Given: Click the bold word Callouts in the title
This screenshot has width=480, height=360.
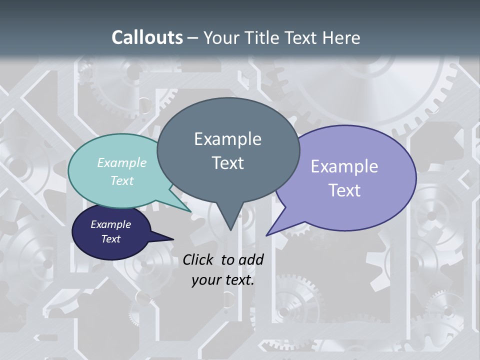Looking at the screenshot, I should tap(147, 37).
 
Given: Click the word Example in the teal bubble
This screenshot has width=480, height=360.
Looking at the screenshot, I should tap(122, 162).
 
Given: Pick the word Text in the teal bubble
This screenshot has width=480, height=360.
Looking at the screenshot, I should tap(122, 180).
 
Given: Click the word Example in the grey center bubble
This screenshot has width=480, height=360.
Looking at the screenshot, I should tap(227, 139).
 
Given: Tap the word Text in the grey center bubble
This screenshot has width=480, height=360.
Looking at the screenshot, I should tap(227, 163).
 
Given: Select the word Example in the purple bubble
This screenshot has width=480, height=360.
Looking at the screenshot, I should tap(344, 166).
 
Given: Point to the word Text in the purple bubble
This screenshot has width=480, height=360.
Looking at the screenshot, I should tap(344, 190).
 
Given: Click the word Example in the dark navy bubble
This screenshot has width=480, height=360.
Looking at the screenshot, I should tap(111, 224).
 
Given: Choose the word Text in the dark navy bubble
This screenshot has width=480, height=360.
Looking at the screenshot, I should tap(111, 239).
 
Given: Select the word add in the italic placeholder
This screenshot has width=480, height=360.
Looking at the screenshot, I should tap(251, 259).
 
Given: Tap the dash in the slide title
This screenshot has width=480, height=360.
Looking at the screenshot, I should tap(193, 38).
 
